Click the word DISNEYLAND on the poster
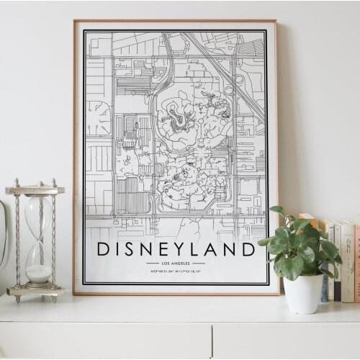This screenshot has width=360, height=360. click(x=176, y=249)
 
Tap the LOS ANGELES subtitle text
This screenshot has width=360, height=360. click(x=176, y=264)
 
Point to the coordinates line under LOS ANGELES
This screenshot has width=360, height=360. click(x=176, y=271)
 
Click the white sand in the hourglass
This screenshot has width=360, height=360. click(x=39, y=273)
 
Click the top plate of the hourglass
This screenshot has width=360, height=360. click(x=35, y=190)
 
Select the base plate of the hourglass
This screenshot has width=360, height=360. click(x=35, y=292)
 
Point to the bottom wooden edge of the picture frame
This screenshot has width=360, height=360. click(x=176, y=292)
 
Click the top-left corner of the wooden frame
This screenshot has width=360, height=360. click(x=75, y=22)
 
